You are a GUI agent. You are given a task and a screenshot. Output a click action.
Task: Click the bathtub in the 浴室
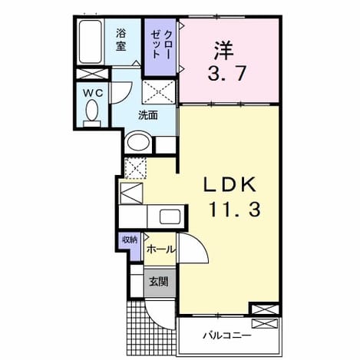(90, 41)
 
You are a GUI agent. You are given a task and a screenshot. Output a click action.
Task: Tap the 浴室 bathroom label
(121, 40)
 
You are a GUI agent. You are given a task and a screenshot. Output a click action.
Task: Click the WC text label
(93, 93)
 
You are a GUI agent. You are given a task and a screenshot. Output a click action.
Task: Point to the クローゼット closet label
(160, 44)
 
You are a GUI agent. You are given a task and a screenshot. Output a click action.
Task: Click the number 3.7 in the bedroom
(226, 73)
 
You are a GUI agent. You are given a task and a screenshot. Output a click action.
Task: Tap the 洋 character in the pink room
(224, 50)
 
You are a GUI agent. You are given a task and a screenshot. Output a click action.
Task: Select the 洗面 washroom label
(148, 115)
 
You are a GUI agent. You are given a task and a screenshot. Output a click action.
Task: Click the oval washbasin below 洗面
(138, 142)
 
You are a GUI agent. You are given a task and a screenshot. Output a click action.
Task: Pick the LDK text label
(230, 184)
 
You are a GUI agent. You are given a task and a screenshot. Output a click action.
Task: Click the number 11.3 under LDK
(235, 209)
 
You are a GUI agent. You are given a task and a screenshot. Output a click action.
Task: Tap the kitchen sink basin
(170, 216)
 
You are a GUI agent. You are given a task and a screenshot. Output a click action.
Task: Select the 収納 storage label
(130, 239)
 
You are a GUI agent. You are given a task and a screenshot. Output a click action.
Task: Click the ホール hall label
(160, 249)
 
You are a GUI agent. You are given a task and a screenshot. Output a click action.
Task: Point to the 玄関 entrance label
(159, 282)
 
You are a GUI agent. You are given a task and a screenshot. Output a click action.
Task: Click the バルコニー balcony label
(226, 335)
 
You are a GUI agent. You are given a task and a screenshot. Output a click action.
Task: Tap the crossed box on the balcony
(264, 323)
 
